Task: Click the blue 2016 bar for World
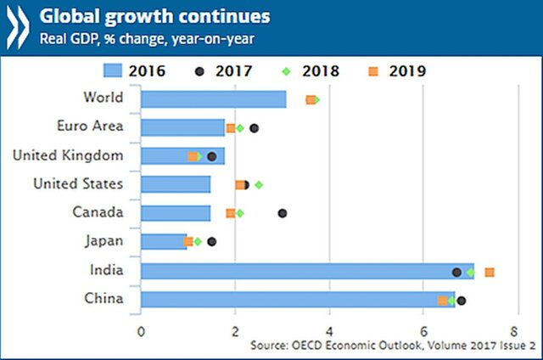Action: (213, 99)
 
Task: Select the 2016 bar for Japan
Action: (163, 241)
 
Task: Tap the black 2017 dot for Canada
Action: (283, 213)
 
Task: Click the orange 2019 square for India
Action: (490, 272)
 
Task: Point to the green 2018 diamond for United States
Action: (259, 184)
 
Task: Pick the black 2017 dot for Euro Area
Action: (255, 128)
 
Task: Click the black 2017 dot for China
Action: (462, 300)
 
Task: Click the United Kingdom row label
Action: (69, 155)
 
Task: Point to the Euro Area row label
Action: (90, 127)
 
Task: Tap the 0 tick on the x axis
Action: (141, 329)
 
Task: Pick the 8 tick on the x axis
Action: (515, 329)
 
